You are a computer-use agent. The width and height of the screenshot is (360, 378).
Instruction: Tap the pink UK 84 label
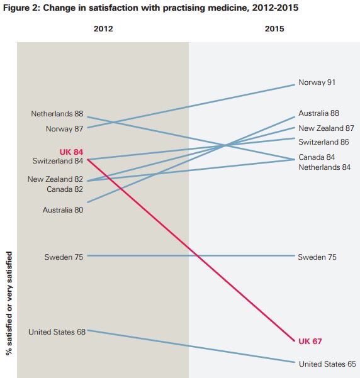[71, 152]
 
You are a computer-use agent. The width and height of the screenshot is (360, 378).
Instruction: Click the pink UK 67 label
[310, 341]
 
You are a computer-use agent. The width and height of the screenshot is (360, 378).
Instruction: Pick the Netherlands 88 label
[57, 114]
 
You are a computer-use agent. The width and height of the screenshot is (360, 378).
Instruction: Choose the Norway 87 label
[65, 128]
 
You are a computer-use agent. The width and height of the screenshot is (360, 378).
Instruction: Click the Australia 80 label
[63, 210]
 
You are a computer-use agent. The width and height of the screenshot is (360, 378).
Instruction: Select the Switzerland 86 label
[323, 142]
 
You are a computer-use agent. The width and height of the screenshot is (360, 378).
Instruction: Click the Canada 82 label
[65, 189]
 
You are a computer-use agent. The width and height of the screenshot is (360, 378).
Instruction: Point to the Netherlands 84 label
[324, 167]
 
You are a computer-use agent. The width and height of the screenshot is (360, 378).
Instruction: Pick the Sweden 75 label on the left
[64, 257]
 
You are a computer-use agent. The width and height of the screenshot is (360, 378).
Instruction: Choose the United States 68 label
[57, 331]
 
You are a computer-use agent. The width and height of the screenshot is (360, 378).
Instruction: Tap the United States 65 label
[327, 364]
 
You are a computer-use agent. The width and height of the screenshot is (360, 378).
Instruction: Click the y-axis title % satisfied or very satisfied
[9, 302]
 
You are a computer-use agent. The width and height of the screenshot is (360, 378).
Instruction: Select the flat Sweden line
[189, 256]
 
